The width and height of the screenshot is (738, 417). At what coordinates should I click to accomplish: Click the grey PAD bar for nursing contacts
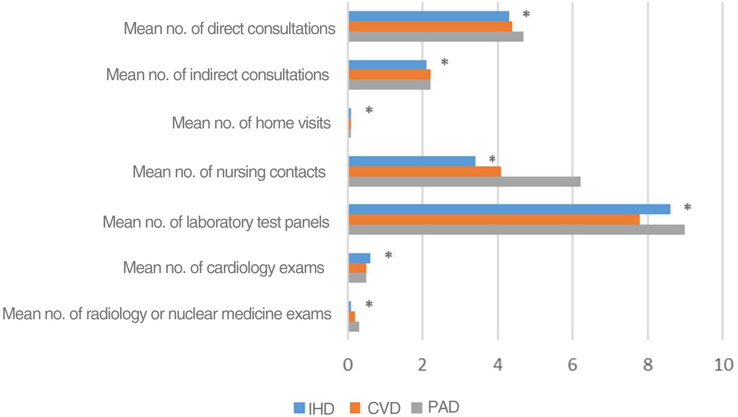[464, 182]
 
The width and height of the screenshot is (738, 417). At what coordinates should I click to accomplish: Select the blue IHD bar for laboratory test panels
[509, 209]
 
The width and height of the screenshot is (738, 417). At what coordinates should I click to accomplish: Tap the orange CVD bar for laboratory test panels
[494, 220]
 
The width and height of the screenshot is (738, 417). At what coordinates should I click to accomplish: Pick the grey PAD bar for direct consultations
[436, 37]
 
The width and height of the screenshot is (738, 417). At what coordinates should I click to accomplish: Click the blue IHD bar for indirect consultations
[387, 65]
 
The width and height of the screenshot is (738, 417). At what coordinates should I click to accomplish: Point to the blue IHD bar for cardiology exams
[359, 258]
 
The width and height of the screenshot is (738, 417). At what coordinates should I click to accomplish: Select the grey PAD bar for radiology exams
[354, 327]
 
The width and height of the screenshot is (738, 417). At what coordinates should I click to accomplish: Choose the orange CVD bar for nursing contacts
[424, 172]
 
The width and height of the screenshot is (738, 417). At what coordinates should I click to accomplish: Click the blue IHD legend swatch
[299, 408]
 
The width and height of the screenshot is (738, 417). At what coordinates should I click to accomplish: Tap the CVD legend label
[384, 408]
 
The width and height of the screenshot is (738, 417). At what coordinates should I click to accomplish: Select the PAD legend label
[443, 407]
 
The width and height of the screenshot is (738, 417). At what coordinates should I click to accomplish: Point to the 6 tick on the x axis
[572, 365]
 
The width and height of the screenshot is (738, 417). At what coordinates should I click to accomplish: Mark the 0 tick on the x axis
[348, 365]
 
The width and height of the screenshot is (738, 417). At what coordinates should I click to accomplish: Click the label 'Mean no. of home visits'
[251, 123]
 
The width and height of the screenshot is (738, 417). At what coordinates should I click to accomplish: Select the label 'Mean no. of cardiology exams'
[223, 268]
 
